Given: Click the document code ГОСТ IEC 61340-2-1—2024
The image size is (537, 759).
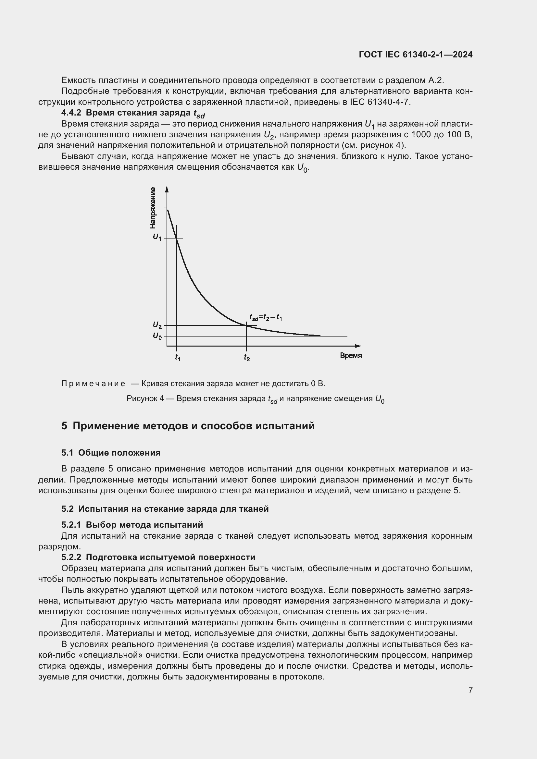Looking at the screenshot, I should click(415, 55).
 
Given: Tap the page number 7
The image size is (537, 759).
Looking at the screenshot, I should click(470, 690).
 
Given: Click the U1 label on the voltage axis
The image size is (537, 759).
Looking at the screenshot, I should click(157, 237).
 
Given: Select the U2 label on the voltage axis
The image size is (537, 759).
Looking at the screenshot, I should click(157, 325).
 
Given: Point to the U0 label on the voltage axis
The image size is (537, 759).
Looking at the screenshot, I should click(157, 336).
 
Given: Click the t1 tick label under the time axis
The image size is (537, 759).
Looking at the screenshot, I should click(178, 357).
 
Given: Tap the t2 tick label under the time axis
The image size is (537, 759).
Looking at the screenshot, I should click(247, 357).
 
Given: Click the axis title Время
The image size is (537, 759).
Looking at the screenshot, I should click(351, 356).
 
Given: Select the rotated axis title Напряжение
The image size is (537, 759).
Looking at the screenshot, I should click(153, 208).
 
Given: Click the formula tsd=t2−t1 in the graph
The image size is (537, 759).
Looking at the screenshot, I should click(265, 317).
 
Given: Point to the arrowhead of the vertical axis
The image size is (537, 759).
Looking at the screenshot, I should click(167, 189).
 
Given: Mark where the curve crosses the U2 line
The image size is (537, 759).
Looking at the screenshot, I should click(246, 325).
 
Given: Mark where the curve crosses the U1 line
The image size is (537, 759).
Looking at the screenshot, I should click(177, 239).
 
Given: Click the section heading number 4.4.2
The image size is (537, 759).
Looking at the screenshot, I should click(71, 113).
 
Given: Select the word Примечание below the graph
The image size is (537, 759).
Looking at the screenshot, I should click(93, 384).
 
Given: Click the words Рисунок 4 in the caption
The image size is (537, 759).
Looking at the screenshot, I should click(145, 399).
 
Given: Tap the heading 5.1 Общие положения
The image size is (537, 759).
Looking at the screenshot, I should click(111, 453).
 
